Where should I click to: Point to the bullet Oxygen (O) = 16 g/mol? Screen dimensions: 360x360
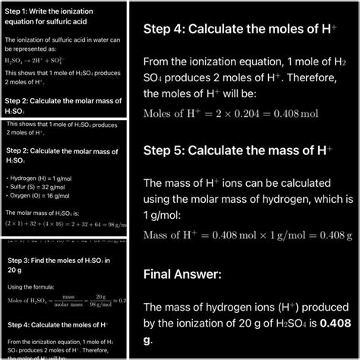38,197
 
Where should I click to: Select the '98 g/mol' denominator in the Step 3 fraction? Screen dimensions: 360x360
99,306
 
